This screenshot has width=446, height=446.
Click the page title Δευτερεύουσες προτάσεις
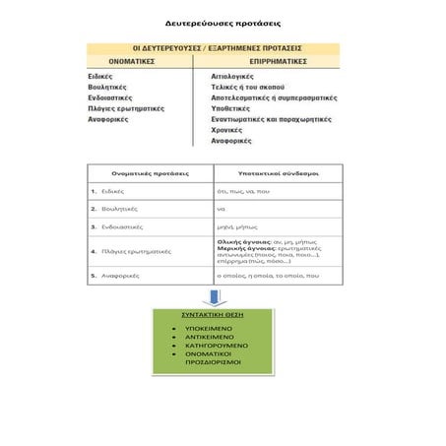point(223,20)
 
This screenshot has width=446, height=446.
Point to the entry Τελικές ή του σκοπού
point(248,86)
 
